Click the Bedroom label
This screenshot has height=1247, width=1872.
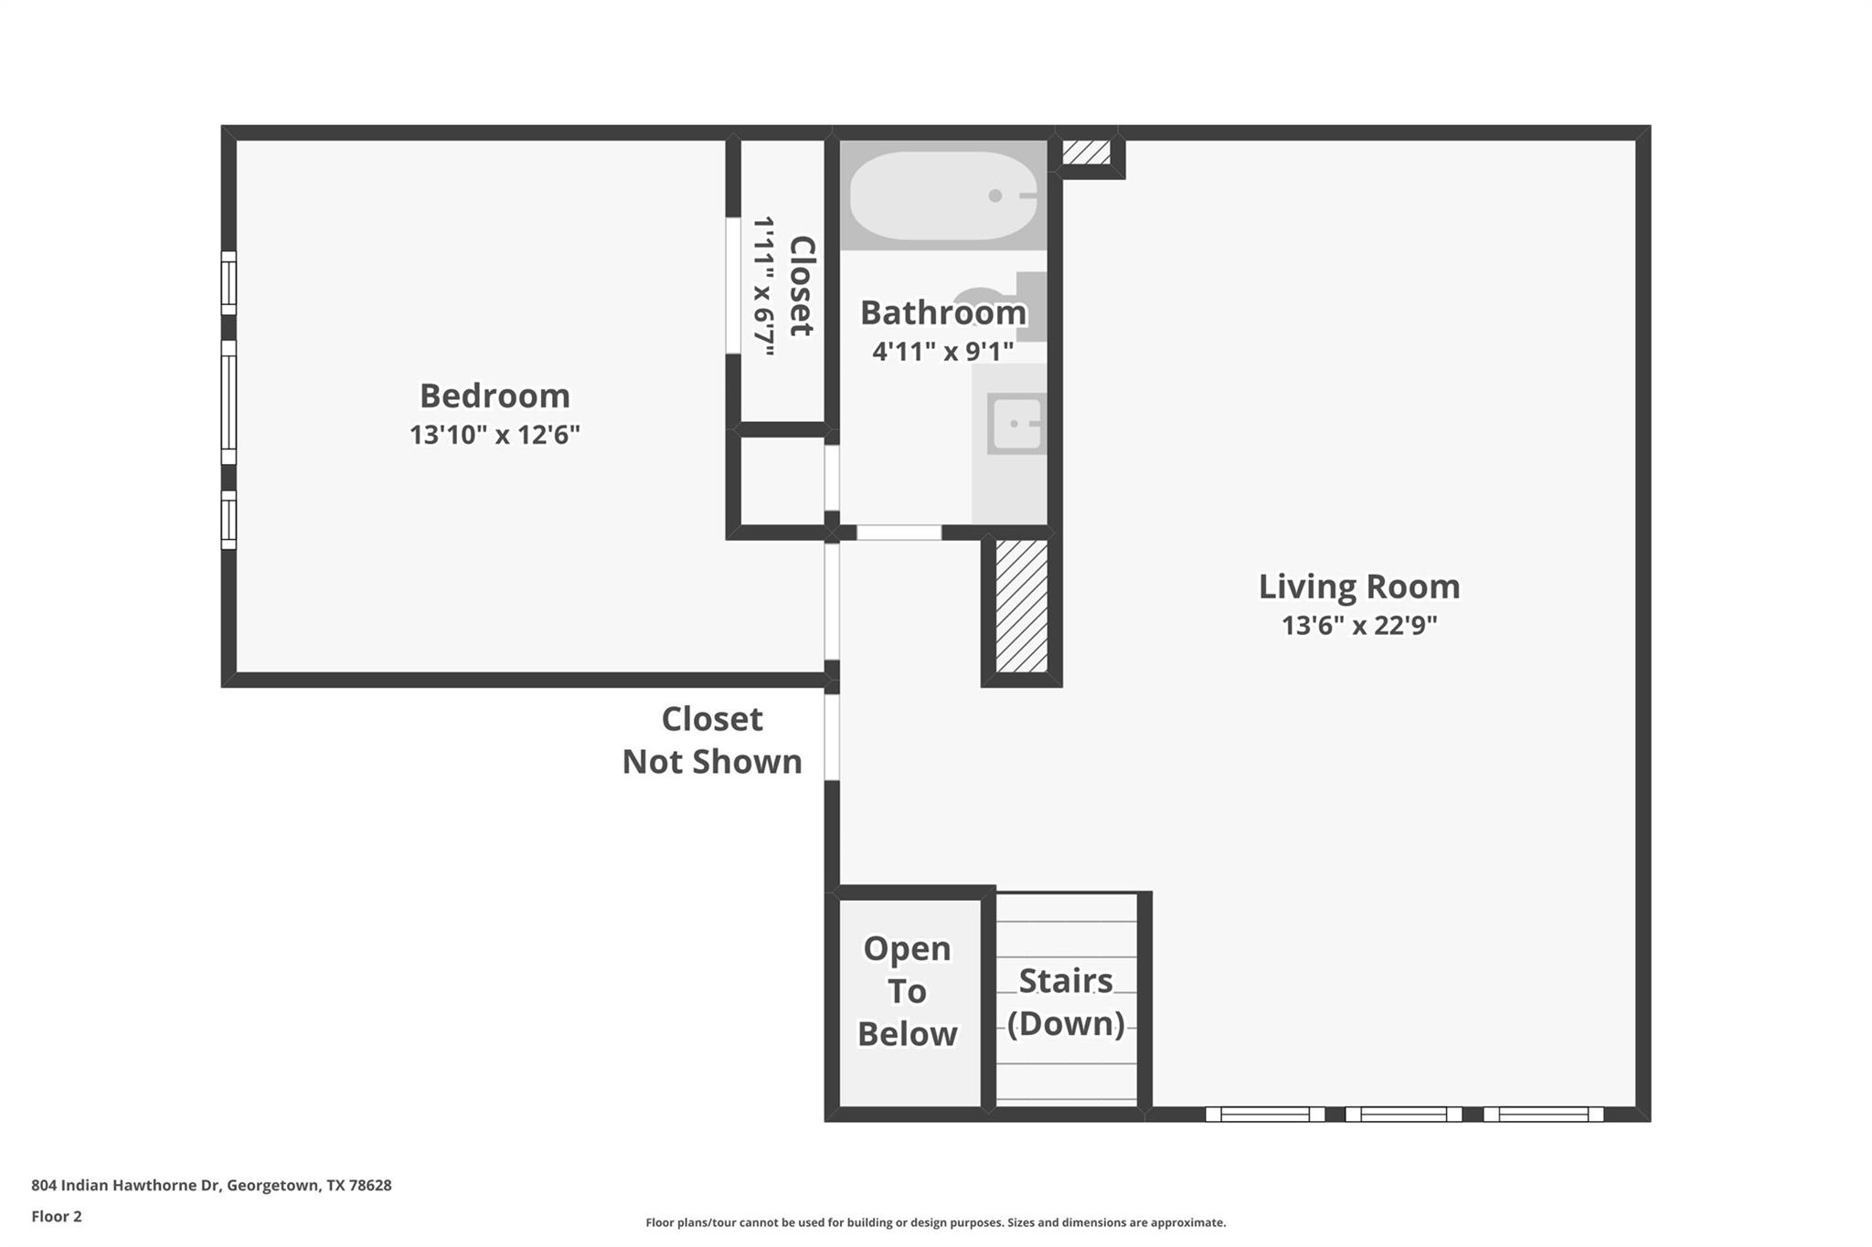[495, 396]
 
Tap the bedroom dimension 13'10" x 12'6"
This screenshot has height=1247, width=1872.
[495, 435]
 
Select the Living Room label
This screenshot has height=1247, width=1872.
[1359, 587]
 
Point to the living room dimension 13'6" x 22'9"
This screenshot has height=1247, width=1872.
[1359, 626]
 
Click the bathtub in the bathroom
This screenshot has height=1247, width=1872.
[932, 196]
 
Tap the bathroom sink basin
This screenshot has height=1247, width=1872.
[1016, 424]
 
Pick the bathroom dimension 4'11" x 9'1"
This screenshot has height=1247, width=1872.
[942, 352]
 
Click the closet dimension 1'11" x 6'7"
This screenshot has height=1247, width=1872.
[763, 286]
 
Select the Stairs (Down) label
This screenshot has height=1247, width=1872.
[1066, 1001]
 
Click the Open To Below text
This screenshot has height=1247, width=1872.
[907, 991]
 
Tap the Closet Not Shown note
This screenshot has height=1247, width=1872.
[712, 740]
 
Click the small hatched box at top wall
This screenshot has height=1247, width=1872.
[1086, 152]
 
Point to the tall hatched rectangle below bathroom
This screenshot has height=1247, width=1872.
[1021, 606]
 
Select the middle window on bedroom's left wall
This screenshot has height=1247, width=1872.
[229, 403]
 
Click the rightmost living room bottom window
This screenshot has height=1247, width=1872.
[1543, 1114]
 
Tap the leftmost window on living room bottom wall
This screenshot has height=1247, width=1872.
[1265, 1114]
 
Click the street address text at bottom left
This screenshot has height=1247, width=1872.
[211, 1185]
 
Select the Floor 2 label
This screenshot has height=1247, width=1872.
[57, 1216]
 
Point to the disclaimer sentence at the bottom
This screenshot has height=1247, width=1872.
[935, 1222]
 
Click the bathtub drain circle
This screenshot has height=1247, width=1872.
[995, 196]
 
